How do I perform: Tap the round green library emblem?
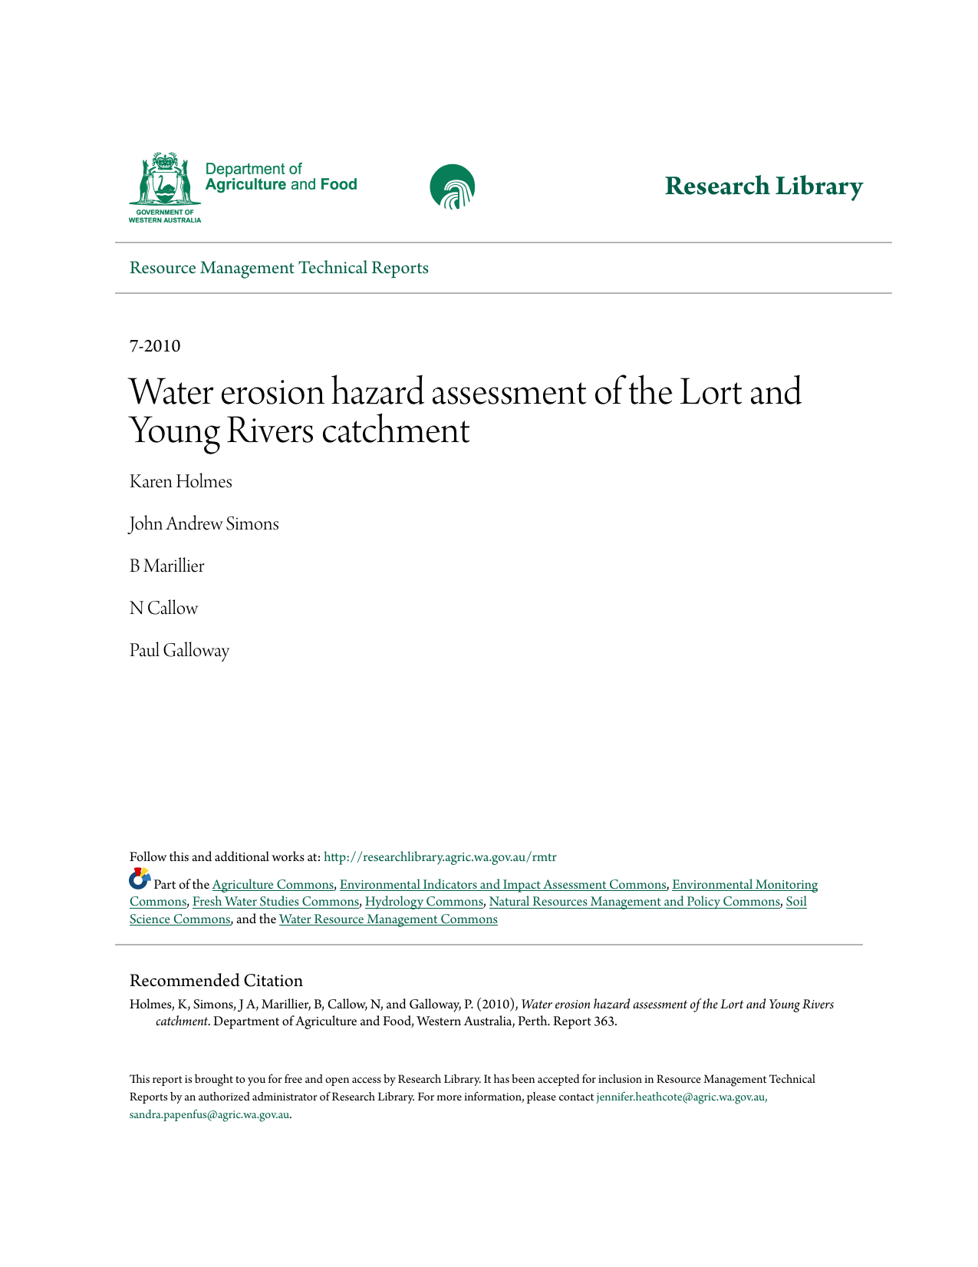click(453, 186)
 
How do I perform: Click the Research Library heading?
click(763, 186)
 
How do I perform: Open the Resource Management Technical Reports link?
click(278, 268)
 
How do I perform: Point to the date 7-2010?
click(155, 346)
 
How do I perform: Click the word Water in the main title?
click(173, 392)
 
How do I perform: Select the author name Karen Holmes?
click(180, 482)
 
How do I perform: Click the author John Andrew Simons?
click(204, 524)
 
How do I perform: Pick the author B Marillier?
click(166, 566)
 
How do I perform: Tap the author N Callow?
click(163, 609)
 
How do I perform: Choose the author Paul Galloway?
click(179, 651)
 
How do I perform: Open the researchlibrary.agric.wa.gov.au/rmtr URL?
click(440, 857)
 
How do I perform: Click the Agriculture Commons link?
click(272, 885)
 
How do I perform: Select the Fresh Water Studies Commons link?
click(275, 902)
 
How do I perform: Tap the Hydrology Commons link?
click(424, 902)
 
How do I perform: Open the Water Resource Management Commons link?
click(388, 919)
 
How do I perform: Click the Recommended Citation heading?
click(216, 981)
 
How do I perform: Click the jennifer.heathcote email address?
click(681, 1097)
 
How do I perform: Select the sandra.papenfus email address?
click(209, 1115)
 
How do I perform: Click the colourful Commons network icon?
click(140, 879)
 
